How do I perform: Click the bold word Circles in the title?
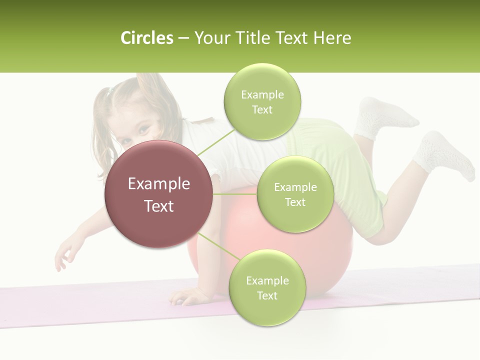[146, 38]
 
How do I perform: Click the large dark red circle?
[158, 194]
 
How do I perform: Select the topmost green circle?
[262, 101]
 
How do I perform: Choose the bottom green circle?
[267, 287]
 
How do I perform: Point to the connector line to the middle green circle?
[234, 194]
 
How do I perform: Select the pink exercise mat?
[75, 305]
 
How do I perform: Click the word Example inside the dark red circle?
[158, 184]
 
